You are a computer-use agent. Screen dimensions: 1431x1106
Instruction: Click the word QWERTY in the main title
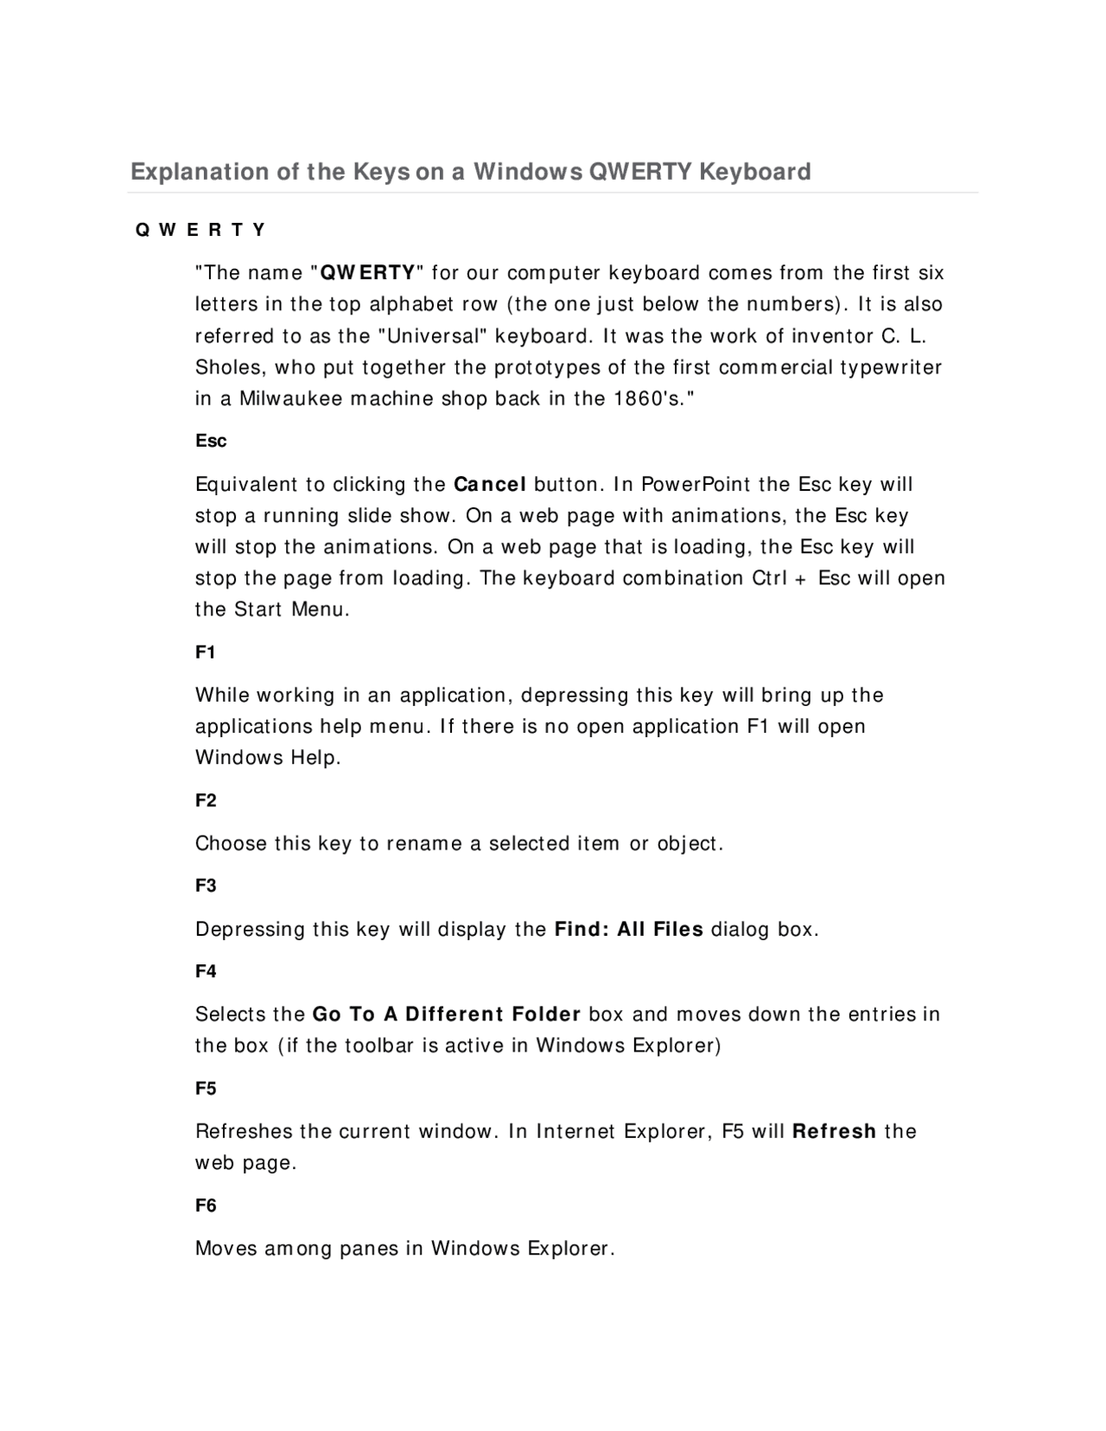pyautogui.click(x=639, y=171)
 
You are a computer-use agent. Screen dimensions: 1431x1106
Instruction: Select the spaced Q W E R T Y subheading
pyautogui.click(x=200, y=230)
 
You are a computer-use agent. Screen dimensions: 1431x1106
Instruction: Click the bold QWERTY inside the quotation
pyautogui.click(x=367, y=273)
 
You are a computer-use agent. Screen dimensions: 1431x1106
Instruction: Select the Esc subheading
pyautogui.click(x=211, y=441)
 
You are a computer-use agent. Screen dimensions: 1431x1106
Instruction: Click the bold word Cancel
pyautogui.click(x=490, y=484)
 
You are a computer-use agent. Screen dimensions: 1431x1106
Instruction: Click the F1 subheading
pyautogui.click(x=205, y=652)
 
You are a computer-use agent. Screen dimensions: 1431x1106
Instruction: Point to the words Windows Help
pyautogui.click(x=268, y=758)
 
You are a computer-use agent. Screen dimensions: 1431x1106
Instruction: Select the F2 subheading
pyautogui.click(x=206, y=800)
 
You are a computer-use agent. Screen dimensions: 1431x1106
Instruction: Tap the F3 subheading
pyautogui.click(x=206, y=886)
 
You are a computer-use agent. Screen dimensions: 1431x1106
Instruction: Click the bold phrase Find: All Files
pyautogui.click(x=629, y=930)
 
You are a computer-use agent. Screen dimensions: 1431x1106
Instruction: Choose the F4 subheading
pyautogui.click(x=206, y=971)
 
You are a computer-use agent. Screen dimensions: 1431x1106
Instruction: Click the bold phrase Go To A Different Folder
pyautogui.click(x=446, y=1014)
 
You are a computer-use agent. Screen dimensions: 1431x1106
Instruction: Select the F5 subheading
pyautogui.click(x=206, y=1089)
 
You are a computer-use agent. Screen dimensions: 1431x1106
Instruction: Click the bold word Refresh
pyautogui.click(x=834, y=1131)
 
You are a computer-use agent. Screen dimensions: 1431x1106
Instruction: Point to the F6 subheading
pyautogui.click(x=206, y=1205)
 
